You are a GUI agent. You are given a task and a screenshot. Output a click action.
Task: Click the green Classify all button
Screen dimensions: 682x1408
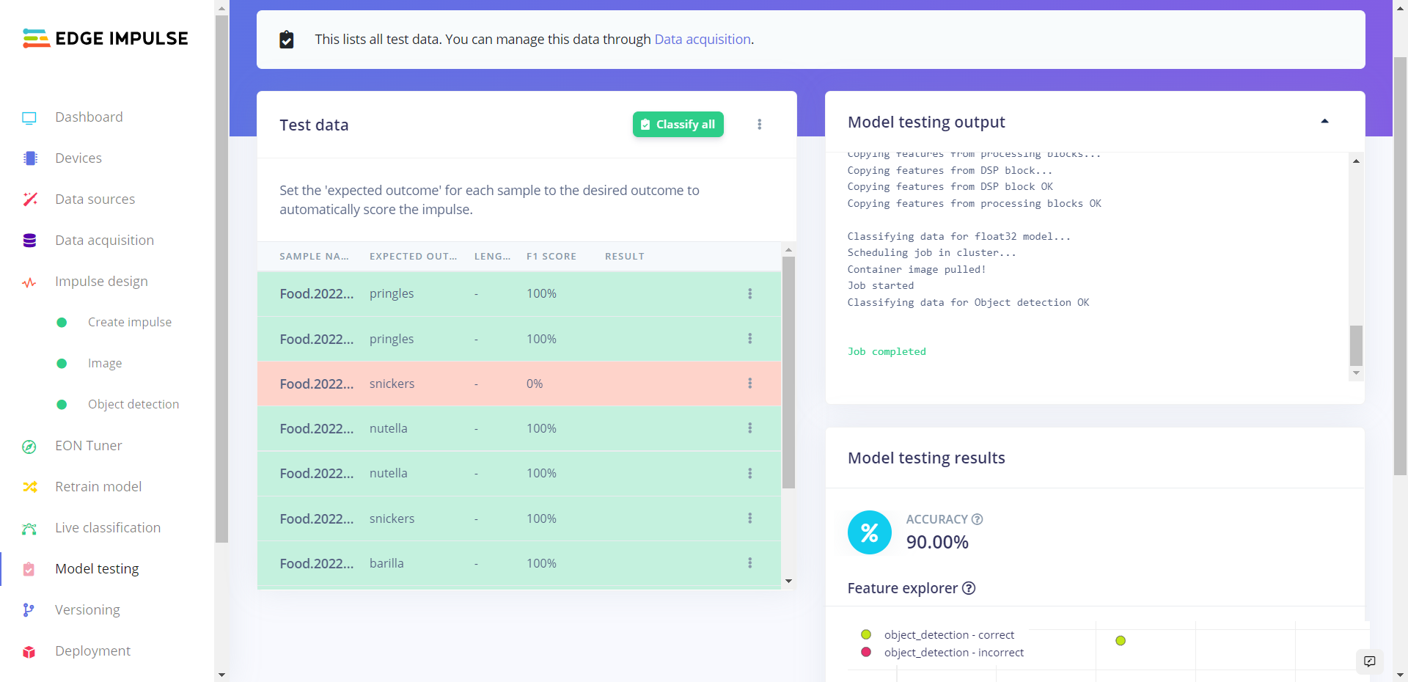[678, 125]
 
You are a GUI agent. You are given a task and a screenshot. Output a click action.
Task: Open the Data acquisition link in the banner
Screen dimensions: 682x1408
[702, 40]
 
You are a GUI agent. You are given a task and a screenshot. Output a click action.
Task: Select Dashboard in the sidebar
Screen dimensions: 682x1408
[89, 117]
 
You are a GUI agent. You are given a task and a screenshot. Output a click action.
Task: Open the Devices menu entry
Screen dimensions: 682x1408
[78, 158]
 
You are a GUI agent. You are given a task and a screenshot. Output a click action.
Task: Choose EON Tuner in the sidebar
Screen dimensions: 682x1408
[88, 446]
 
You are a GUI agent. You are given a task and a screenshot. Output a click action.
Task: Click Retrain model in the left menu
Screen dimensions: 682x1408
[98, 487]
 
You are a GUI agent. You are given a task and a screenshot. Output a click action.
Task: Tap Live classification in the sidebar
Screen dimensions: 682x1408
[107, 528]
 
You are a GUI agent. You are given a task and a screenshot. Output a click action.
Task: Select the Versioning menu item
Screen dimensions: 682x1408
[87, 610]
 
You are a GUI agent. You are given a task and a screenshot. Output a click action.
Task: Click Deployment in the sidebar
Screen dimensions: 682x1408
[92, 651]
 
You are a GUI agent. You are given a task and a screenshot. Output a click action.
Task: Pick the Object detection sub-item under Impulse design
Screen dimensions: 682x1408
[133, 405]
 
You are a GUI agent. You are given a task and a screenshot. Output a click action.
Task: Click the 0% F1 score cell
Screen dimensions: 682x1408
[535, 384]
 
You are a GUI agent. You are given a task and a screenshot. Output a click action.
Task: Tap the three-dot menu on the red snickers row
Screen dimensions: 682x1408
[749, 384]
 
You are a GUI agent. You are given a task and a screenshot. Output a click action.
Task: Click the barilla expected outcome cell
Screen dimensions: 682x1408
[386, 563]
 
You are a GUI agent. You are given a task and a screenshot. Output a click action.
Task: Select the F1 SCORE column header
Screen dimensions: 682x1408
[551, 257]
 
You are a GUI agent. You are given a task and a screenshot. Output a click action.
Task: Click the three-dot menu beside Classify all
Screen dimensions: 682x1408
[759, 125]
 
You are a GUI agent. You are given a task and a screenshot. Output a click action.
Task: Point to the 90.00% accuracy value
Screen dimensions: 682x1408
[937, 543]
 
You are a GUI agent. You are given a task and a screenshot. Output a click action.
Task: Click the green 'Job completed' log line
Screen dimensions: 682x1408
[886, 352]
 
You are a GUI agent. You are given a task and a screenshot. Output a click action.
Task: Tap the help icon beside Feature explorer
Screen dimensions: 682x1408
[969, 588]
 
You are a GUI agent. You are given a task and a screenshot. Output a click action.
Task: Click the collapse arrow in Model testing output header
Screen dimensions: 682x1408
[1324, 122]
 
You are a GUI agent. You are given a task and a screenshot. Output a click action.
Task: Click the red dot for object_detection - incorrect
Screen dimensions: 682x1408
[866, 652]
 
